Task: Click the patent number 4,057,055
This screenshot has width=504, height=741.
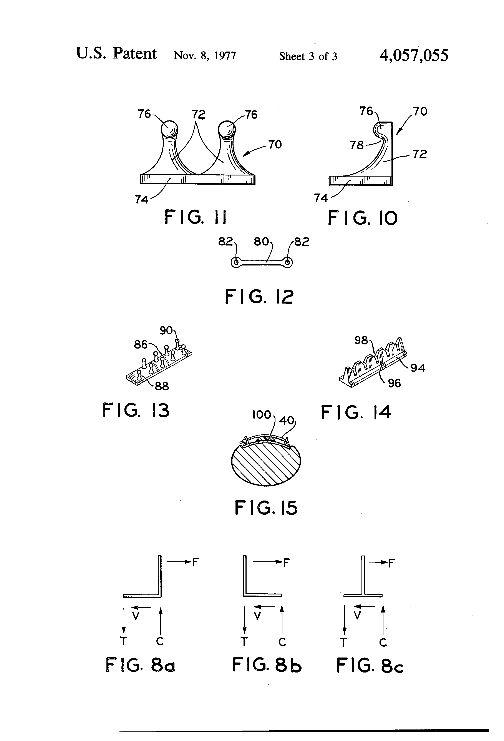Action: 414,55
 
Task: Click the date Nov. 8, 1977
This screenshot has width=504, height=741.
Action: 205,56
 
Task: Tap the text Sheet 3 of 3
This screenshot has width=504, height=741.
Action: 308,57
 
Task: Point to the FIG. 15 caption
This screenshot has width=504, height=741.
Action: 266,508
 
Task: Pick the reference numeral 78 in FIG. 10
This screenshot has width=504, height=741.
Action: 356,145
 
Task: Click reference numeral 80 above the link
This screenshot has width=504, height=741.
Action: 261,242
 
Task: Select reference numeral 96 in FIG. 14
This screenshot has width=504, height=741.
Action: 394,383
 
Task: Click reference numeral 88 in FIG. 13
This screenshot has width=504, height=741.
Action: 162,386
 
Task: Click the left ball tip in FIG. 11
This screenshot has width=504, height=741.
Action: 169,129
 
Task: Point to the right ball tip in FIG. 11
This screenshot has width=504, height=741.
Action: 227,129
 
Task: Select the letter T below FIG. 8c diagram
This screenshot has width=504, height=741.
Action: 343,642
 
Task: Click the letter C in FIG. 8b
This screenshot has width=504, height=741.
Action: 282,642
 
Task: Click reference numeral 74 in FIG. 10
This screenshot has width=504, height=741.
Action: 321,198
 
